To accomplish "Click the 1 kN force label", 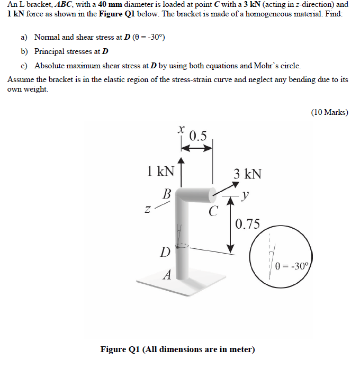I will [x=160, y=171].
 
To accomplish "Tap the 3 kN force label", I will [x=247, y=174].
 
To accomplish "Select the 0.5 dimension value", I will [x=198, y=136].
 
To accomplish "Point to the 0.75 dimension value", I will [x=248, y=224].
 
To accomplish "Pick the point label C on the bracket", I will [x=213, y=213].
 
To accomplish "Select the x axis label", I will [x=181, y=129].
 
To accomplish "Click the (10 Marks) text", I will [x=329, y=112].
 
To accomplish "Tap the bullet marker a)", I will [x=24, y=37].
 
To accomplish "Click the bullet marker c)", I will [x=24, y=66].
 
